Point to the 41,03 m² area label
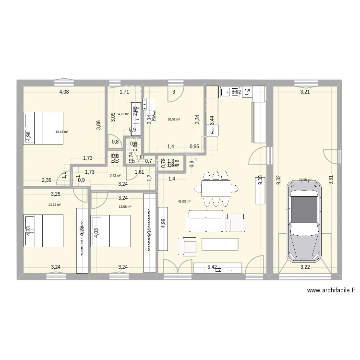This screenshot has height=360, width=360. (x=184, y=202)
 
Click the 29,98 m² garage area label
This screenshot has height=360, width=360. (x=305, y=180)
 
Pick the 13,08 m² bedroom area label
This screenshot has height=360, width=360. (x=125, y=207)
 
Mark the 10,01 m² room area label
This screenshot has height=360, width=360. (x=173, y=120)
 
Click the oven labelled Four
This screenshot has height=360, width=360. (x=211, y=129)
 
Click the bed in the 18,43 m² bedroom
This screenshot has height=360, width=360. (x=44, y=128)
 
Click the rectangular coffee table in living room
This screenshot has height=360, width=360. (x=220, y=244)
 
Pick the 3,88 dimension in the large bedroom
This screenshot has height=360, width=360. (x=98, y=123)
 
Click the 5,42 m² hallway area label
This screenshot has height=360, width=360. (x=115, y=176)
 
